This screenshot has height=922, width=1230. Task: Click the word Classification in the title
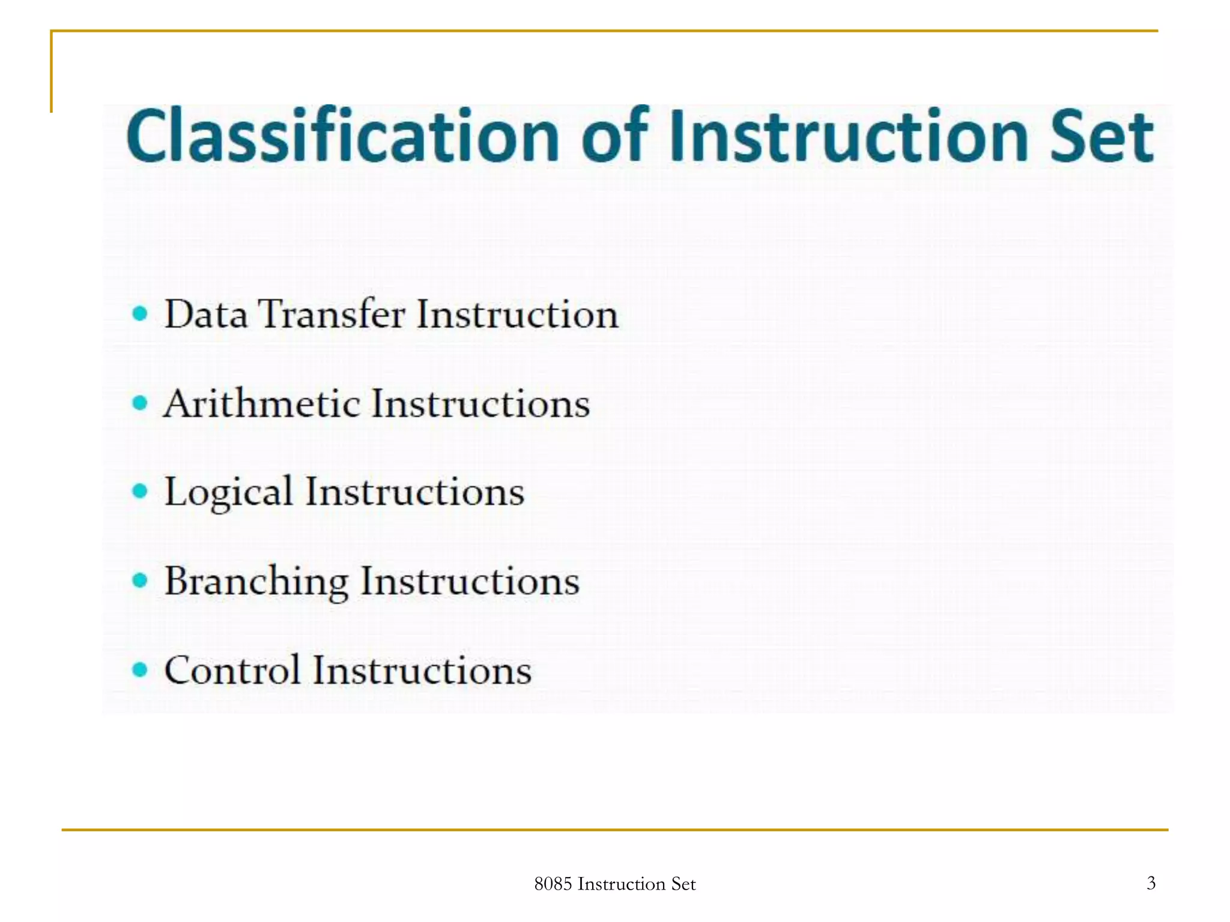(x=342, y=137)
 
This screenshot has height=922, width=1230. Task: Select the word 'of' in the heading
(x=614, y=137)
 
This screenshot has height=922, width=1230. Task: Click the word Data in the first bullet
(x=205, y=314)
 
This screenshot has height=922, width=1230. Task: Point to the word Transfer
(x=332, y=314)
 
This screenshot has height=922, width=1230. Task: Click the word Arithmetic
(x=261, y=403)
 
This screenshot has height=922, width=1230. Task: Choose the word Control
(x=232, y=670)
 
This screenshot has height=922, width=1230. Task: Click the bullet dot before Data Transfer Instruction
(x=139, y=313)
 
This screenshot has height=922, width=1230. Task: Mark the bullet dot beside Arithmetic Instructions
(x=139, y=402)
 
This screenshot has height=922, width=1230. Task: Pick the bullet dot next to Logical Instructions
(x=139, y=492)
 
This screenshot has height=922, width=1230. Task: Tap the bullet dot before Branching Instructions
(x=139, y=580)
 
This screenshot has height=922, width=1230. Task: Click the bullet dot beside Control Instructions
(x=139, y=669)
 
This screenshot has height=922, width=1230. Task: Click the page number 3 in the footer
(x=1151, y=883)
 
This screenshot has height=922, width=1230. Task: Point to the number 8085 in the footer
(x=553, y=884)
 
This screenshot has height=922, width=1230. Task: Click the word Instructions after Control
(x=422, y=670)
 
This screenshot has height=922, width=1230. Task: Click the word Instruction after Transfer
(x=517, y=314)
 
